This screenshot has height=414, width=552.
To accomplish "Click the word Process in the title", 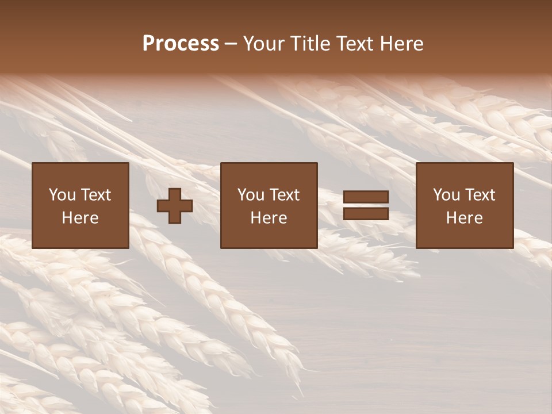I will coord(181,44).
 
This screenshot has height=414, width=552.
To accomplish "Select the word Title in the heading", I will coord(309,44).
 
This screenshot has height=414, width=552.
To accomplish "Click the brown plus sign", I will coord(175,206).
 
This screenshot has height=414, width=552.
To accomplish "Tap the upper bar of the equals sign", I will coord(366,197).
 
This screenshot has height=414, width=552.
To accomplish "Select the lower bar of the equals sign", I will coord(366,214).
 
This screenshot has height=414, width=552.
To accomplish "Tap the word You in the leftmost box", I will coord(61,195).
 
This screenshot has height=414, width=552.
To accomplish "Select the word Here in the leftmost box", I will coord(80,218).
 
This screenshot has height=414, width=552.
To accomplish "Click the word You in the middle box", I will coord(250,195).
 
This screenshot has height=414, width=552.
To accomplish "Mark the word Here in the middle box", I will coord(269,218).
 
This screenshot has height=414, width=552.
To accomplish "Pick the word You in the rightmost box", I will coord(446,195).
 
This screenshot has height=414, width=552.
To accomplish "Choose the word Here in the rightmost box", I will coord(465,218).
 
